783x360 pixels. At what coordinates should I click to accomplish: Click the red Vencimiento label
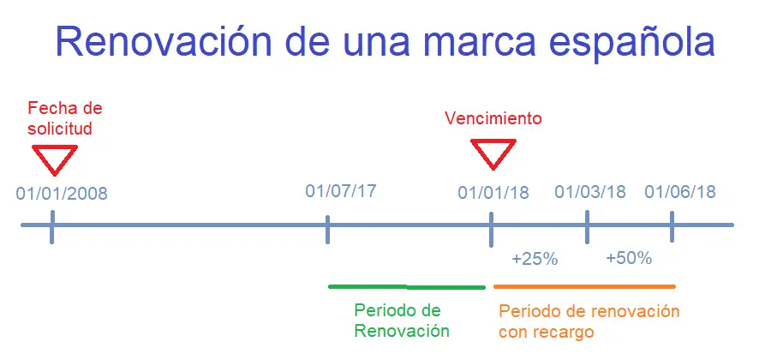[x=493, y=118]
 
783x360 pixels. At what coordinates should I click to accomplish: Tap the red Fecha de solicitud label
[x=64, y=117]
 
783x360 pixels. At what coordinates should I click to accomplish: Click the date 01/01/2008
[x=62, y=193]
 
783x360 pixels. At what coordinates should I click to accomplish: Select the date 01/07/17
[x=341, y=191]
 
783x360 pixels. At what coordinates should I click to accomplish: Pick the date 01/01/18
[x=493, y=193]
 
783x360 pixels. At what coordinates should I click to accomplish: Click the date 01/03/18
[x=589, y=192]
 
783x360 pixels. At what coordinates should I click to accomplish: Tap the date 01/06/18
[x=679, y=192]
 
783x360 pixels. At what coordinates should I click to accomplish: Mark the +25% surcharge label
[x=535, y=259]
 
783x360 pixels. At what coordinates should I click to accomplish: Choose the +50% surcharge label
[x=629, y=258]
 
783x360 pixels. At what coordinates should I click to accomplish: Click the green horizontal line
[x=406, y=286]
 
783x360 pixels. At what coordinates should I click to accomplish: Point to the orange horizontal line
[x=584, y=286]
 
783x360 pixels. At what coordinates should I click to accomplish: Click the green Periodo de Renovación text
[x=402, y=321]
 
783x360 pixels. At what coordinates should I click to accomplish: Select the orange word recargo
[x=565, y=333]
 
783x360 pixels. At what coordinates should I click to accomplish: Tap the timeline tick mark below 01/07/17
[x=327, y=230]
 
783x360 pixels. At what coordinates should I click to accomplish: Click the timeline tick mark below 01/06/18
[x=672, y=226]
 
